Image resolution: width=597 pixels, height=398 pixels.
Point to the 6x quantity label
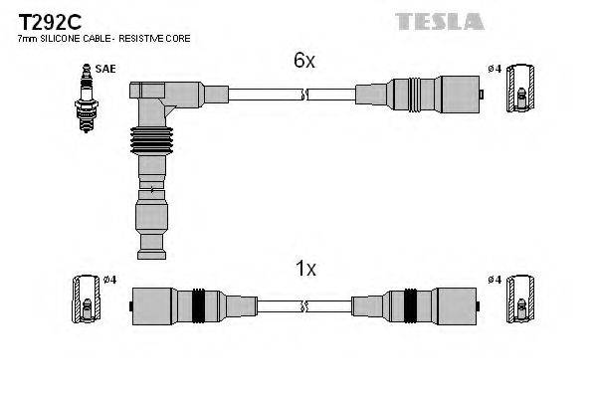pyautogui.click(x=304, y=61)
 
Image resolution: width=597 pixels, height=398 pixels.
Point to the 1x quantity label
pyautogui.click(x=304, y=269)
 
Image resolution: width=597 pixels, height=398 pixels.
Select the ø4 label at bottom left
pyautogui.click(x=109, y=280)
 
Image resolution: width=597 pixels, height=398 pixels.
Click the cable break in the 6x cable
pyautogui.click(x=304, y=95)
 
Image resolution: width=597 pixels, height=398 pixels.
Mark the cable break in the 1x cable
pyautogui.click(x=304, y=305)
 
